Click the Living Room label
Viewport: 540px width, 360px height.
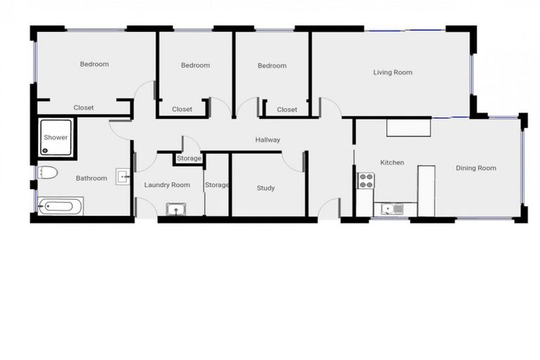pos(392,72)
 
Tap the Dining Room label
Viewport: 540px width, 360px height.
pos(476,168)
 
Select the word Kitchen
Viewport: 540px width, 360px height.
pos(392,162)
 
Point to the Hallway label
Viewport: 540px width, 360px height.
pos(267,140)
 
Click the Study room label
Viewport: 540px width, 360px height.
pos(266,188)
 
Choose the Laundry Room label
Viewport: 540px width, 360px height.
pos(167,185)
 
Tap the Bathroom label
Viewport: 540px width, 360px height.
pos(91,178)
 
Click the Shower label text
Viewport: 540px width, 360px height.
pos(56,138)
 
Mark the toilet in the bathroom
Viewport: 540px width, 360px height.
pos(48,172)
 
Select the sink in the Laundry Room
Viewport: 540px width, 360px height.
pos(174,209)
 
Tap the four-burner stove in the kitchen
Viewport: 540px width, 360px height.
pos(366,181)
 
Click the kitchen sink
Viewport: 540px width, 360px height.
pos(388,208)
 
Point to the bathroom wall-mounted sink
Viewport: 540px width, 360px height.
pos(122,176)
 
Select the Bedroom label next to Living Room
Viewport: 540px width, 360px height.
pos(271,65)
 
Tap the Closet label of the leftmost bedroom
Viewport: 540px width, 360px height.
pos(84,108)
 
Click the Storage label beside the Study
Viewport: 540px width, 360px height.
pos(217,185)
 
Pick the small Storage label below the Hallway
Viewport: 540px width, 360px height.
pos(188,158)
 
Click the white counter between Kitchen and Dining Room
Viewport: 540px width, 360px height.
pos(426,191)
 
